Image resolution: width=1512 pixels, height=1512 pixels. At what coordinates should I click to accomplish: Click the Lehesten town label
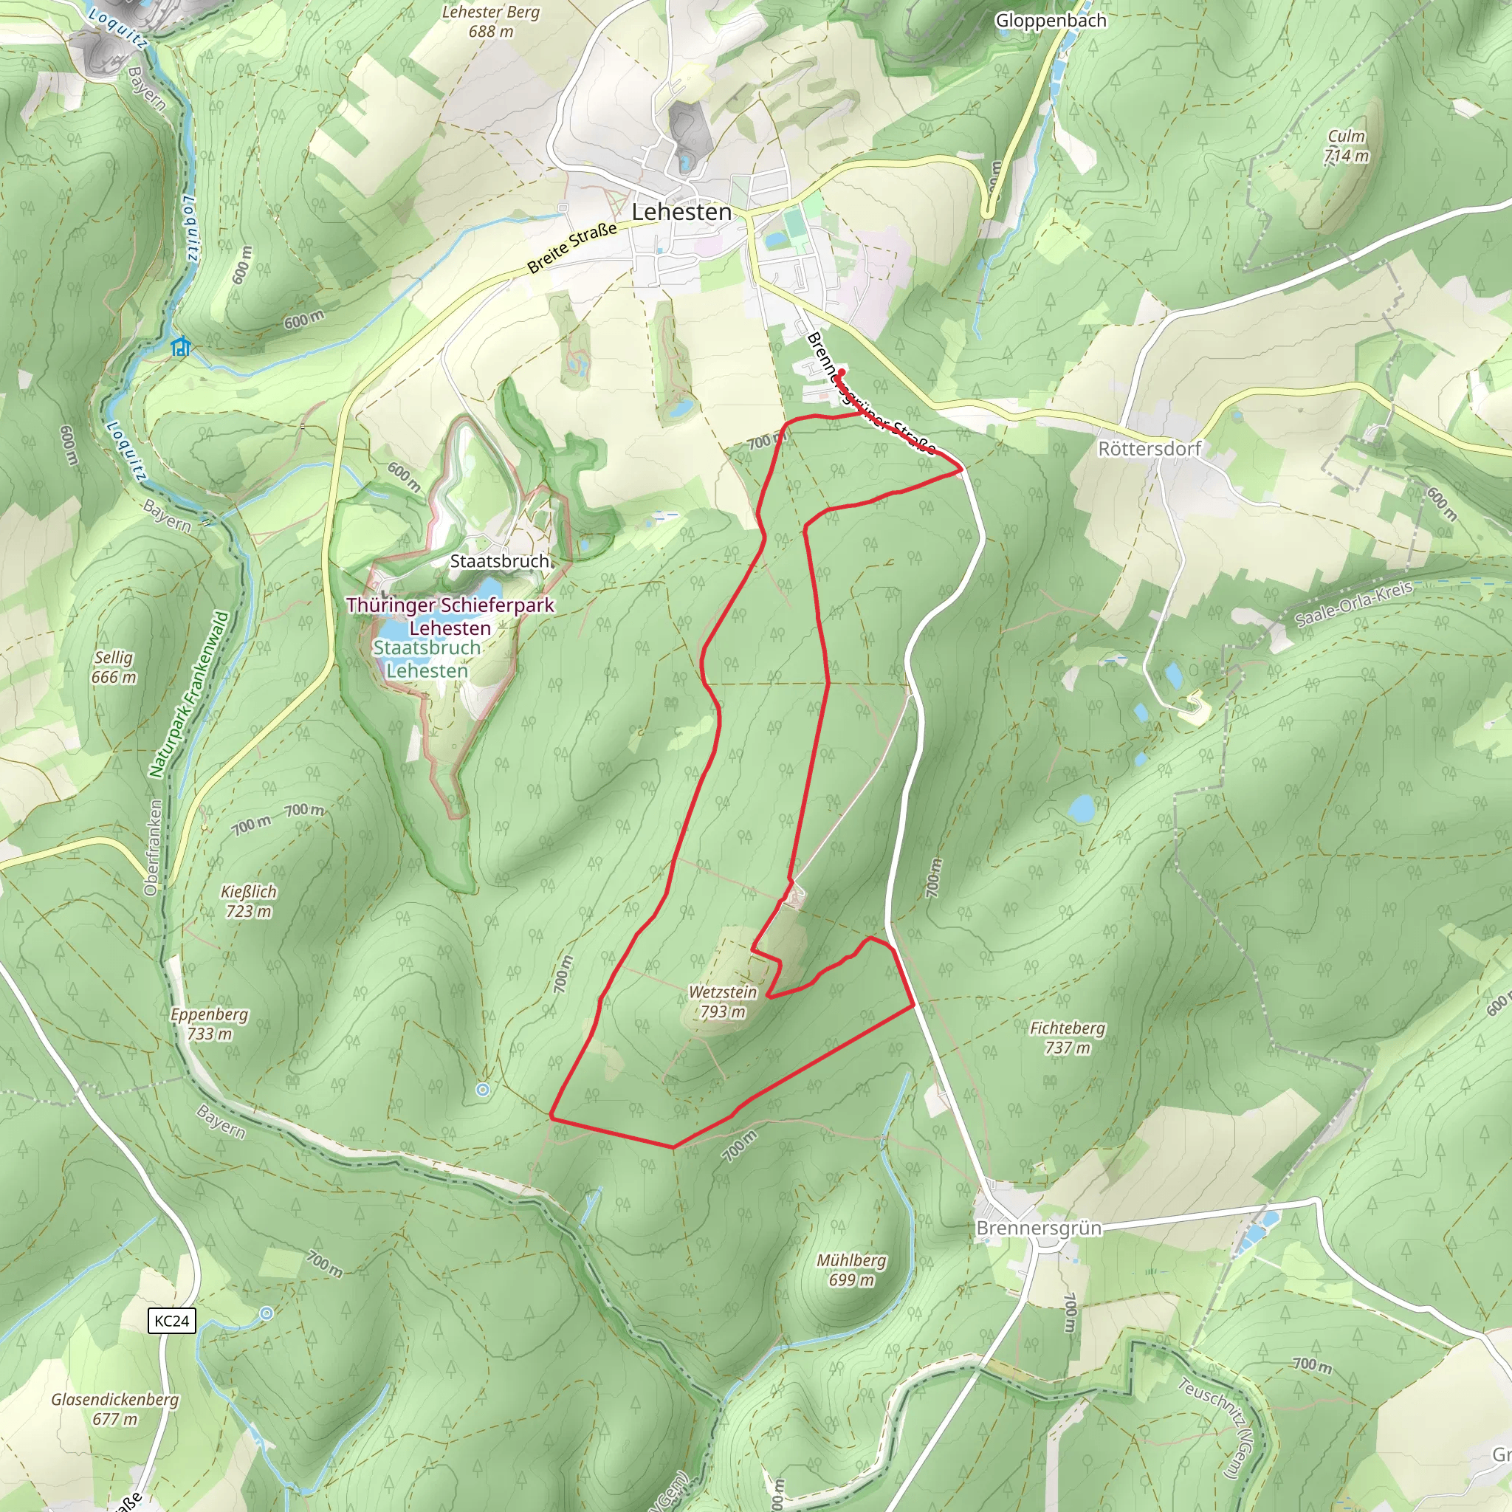pyautogui.click(x=681, y=212)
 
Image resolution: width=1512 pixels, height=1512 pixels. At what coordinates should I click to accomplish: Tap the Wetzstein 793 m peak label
pyautogui.click(x=722, y=1002)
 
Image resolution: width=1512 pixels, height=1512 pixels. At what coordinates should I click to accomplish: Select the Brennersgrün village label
pyautogui.click(x=1039, y=1228)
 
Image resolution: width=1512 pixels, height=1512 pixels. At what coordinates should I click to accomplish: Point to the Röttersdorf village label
pyautogui.click(x=1149, y=448)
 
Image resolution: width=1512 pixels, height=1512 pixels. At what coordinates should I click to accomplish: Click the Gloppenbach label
pyautogui.click(x=1051, y=21)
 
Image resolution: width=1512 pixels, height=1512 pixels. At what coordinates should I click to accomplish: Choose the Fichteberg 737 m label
pyautogui.click(x=1068, y=1038)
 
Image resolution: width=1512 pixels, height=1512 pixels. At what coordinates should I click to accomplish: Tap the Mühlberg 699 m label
pyautogui.click(x=851, y=1270)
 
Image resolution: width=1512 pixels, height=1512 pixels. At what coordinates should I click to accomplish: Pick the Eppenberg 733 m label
pyautogui.click(x=209, y=1024)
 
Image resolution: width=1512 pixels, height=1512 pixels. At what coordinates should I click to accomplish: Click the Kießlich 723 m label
pyautogui.click(x=249, y=901)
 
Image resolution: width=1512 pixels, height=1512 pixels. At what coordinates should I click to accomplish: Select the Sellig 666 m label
pyautogui.click(x=114, y=667)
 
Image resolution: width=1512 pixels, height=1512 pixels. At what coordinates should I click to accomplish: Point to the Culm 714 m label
pyautogui.click(x=1346, y=146)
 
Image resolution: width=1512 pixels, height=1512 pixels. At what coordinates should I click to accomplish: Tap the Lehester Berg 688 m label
pyautogui.click(x=491, y=22)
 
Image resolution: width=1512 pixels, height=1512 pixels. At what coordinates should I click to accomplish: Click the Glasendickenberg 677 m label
pyautogui.click(x=115, y=1409)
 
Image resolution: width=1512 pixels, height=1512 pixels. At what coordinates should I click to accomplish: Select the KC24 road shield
pyautogui.click(x=171, y=1321)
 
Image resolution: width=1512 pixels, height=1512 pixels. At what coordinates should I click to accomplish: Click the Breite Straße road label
pyautogui.click(x=572, y=248)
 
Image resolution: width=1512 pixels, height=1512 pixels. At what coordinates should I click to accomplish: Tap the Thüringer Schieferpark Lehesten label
pyautogui.click(x=450, y=616)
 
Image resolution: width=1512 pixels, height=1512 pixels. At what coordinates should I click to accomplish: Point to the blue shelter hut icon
pyautogui.click(x=182, y=347)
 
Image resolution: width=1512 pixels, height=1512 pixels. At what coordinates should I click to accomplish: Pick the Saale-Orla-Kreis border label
pyautogui.click(x=1353, y=604)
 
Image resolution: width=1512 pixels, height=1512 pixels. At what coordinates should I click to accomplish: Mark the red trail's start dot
pyautogui.click(x=842, y=371)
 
